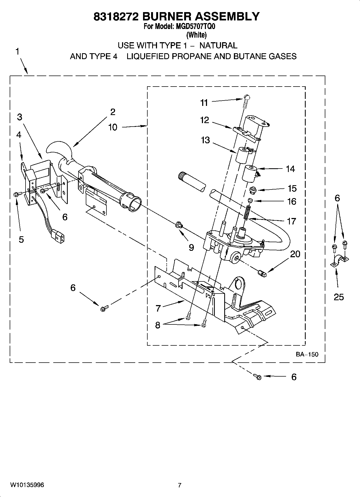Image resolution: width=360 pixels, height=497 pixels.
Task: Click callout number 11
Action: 204,103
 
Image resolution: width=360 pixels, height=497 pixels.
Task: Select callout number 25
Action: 339,297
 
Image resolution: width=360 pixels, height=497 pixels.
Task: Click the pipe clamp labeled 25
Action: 339,261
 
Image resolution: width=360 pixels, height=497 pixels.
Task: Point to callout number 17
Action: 291,221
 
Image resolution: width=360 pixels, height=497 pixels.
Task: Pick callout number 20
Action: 295,254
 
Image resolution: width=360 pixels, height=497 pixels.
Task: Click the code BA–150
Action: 307,354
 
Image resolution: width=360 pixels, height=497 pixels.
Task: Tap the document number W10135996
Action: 27,485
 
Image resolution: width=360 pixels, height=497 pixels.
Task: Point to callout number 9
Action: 191,247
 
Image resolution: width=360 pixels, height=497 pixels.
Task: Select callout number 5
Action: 21,239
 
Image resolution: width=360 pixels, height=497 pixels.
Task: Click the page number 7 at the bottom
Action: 180,485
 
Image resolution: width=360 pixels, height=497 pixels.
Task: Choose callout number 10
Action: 113,127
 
